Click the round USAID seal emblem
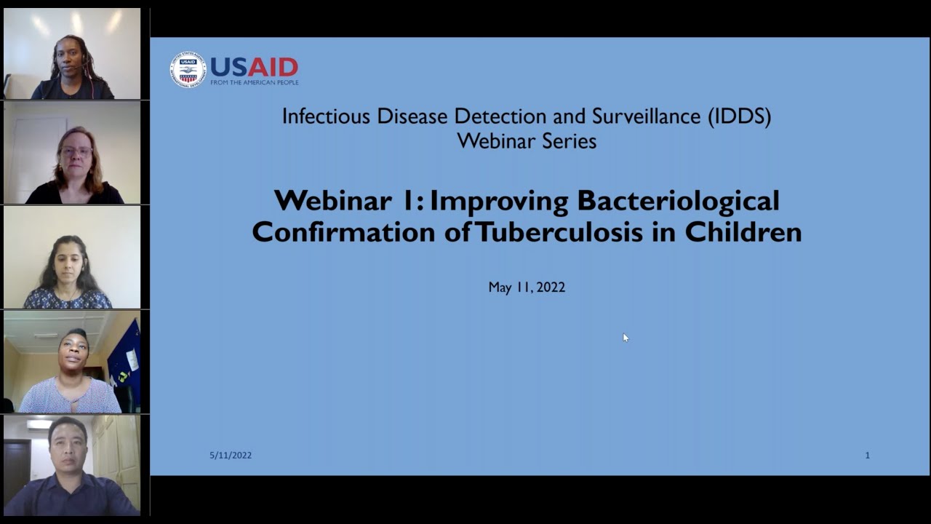188,69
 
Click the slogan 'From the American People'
255,82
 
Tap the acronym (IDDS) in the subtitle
739,116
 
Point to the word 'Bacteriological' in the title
678,201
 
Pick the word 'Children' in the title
743,232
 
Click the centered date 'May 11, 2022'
527,287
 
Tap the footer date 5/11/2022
231,456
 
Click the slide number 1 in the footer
867,456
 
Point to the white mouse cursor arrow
625,337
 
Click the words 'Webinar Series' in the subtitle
527,141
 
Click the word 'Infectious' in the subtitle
325,116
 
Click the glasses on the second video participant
76,152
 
